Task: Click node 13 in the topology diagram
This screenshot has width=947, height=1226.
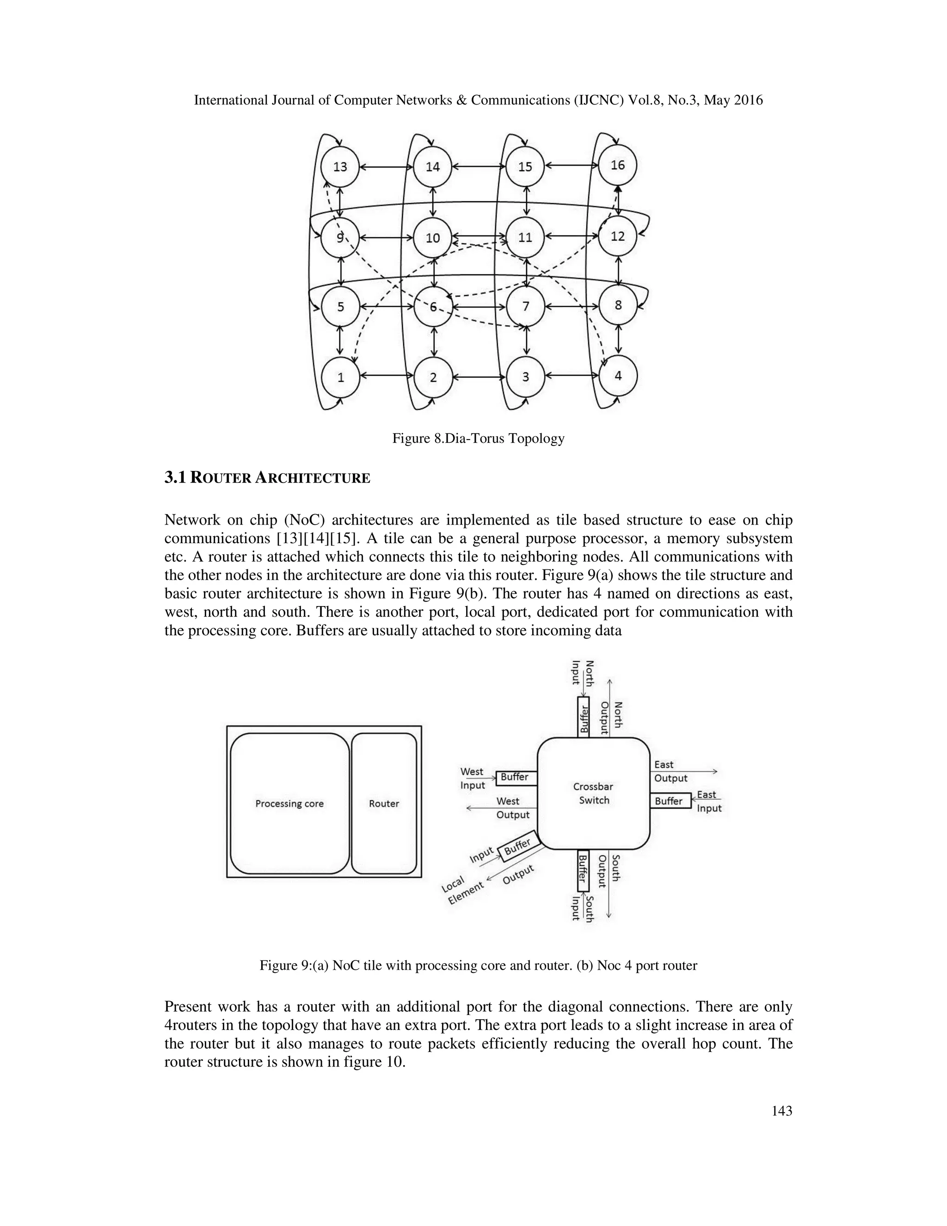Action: coord(340,167)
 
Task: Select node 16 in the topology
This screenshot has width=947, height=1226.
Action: coord(617,165)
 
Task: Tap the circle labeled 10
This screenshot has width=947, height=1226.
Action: coord(432,238)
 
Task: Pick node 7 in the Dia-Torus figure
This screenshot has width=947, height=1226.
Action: coord(526,306)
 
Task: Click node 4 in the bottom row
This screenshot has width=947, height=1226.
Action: coord(618,376)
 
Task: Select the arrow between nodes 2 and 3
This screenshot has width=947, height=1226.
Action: coord(479,377)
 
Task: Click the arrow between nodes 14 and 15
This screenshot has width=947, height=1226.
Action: coord(479,166)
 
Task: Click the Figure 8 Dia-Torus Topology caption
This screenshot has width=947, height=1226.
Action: coord(478,439)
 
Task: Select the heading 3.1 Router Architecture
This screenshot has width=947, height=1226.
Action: coord(267,478)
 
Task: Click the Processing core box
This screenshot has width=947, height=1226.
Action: coord(289,803)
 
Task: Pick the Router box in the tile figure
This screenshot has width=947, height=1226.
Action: coord(384,803)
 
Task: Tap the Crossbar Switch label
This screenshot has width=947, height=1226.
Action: coord(594,793)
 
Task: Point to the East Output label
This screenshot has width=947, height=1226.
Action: coord(670,771)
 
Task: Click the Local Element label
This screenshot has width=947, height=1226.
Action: coord(462,889)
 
